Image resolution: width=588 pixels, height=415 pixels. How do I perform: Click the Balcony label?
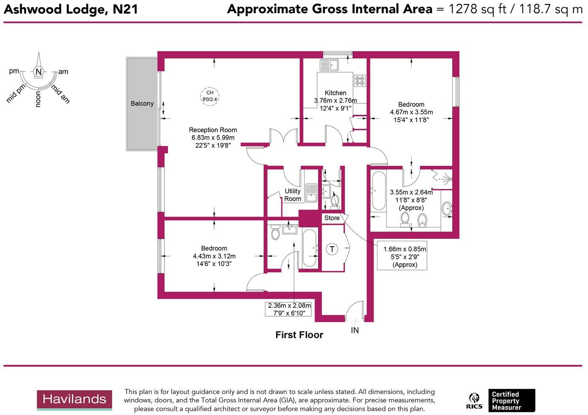tap(142, 103)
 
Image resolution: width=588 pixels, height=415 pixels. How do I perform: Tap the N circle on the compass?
tap(38, 72)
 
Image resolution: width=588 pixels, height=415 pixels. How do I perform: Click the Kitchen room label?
tap(335, 93)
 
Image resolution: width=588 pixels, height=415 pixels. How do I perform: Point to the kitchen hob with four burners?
tap(360, 81)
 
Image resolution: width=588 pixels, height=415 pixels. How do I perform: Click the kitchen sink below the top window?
tap(329, 65)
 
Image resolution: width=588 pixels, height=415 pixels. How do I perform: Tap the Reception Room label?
tap(213, 130)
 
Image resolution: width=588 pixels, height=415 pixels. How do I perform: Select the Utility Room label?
tap(292, 195)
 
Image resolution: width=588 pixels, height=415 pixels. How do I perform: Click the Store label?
tap(332, 218)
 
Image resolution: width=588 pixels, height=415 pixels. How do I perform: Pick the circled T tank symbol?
tap(332, 249)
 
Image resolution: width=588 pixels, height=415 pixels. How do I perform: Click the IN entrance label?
tap(355, 330)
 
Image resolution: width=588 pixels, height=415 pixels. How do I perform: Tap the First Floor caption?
tap(299, 335)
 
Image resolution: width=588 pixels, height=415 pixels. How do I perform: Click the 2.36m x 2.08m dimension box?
tap(290, 310)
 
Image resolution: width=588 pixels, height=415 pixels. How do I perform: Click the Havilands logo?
tap(74, 399)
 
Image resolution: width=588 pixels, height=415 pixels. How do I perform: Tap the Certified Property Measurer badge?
tap(511, 401)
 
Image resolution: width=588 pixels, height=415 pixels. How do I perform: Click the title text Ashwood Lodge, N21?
tap(71, 9)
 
